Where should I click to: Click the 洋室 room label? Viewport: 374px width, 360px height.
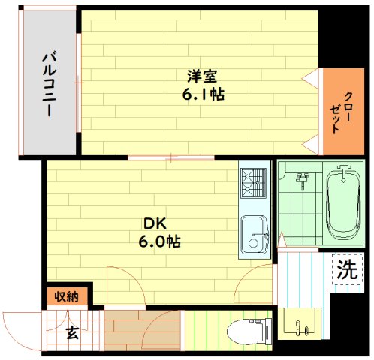click(x=200, y=76)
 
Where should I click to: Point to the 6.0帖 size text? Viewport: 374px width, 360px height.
click(x=158, y=241)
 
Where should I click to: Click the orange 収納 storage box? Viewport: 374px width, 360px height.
click(x=66, y=295)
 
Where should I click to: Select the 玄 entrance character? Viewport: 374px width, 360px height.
click(x=72, y=332)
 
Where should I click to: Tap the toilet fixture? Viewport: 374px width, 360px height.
click(x=246, y=330)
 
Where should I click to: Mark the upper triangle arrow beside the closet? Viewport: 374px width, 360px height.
click(x=311, y=78)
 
